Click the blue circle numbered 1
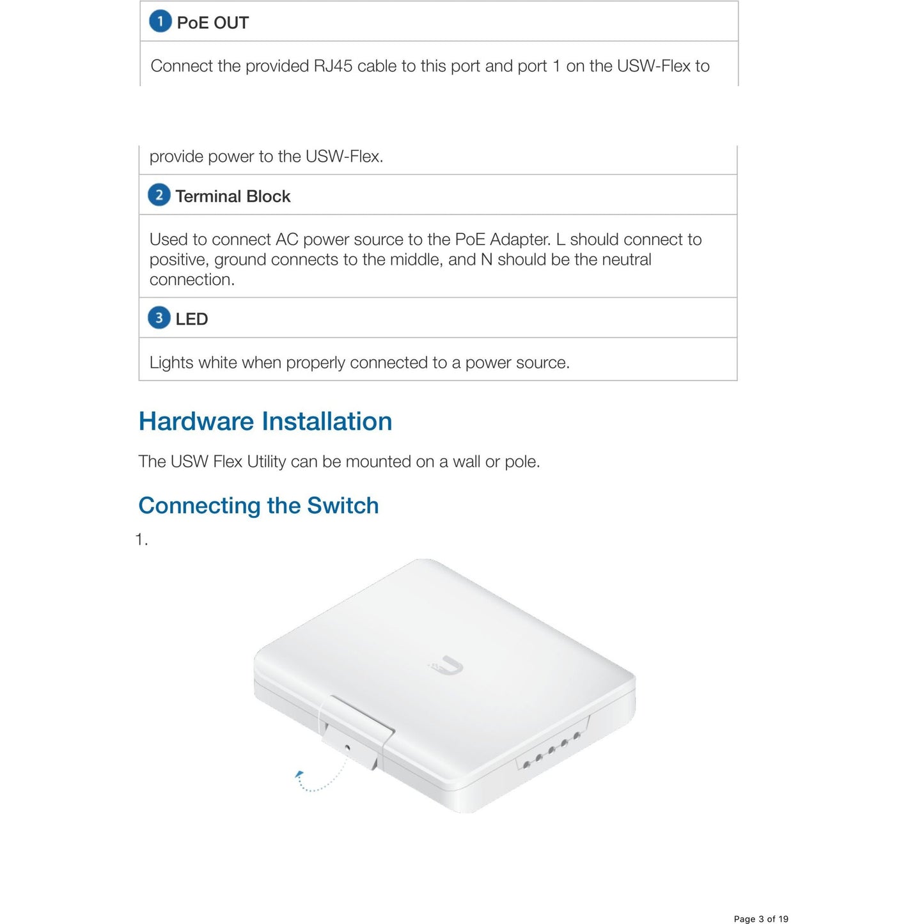coord(160,21)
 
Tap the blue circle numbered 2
coord(159,195)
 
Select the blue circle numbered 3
coord(159,318)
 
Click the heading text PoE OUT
coord(212,23)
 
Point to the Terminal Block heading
coord(233,196)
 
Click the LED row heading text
coord(192,319)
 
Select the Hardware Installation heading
coord(265,421)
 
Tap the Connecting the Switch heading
coord(258,505)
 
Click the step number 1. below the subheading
coord(141,540)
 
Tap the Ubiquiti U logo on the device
coord(446,666)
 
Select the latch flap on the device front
coord(358,730)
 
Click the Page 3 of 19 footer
coord(761,919)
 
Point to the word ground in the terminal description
coord(240,260)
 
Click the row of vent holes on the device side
coord(551,749)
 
